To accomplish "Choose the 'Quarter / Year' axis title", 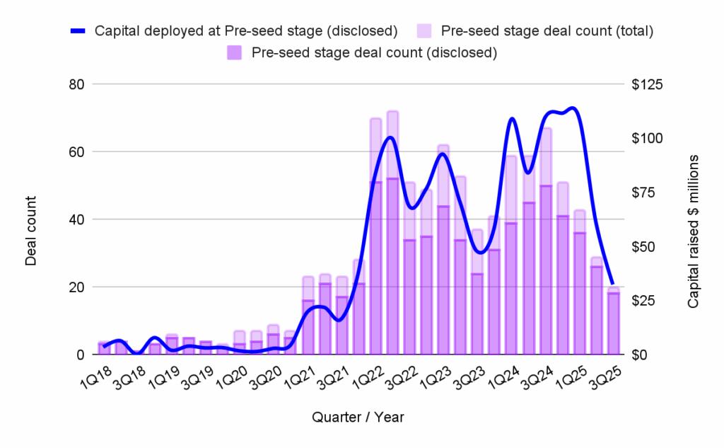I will pyautogui.click(x=358, y=418).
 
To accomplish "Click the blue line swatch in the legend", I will pyautogui.click(x=79, y=31).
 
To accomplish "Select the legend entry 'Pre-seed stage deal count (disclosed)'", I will pyautogui.click(x=373, y=52).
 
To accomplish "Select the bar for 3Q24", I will pyautogui.click(x=546, y=270).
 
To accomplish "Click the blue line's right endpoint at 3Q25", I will pyautogui.click(x=613, y=284).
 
